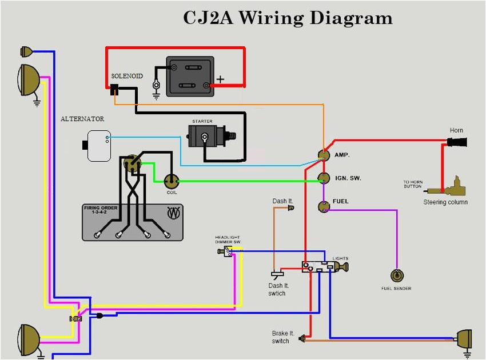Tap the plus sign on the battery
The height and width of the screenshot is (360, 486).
220,79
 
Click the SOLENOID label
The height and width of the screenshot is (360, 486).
127,76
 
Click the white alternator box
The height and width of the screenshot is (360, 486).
98,145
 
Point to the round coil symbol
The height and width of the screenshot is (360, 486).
172,181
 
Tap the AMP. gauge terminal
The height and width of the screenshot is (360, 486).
324,155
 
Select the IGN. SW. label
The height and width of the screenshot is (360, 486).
348,178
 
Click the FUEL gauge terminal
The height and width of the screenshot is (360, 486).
324,206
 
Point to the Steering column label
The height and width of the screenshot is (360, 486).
445,202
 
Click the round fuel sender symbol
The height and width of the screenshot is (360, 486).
396,275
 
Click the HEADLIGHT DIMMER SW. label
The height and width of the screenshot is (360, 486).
228,239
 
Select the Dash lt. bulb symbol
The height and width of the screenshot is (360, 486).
290,209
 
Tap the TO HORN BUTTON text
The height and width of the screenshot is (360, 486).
412,184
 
